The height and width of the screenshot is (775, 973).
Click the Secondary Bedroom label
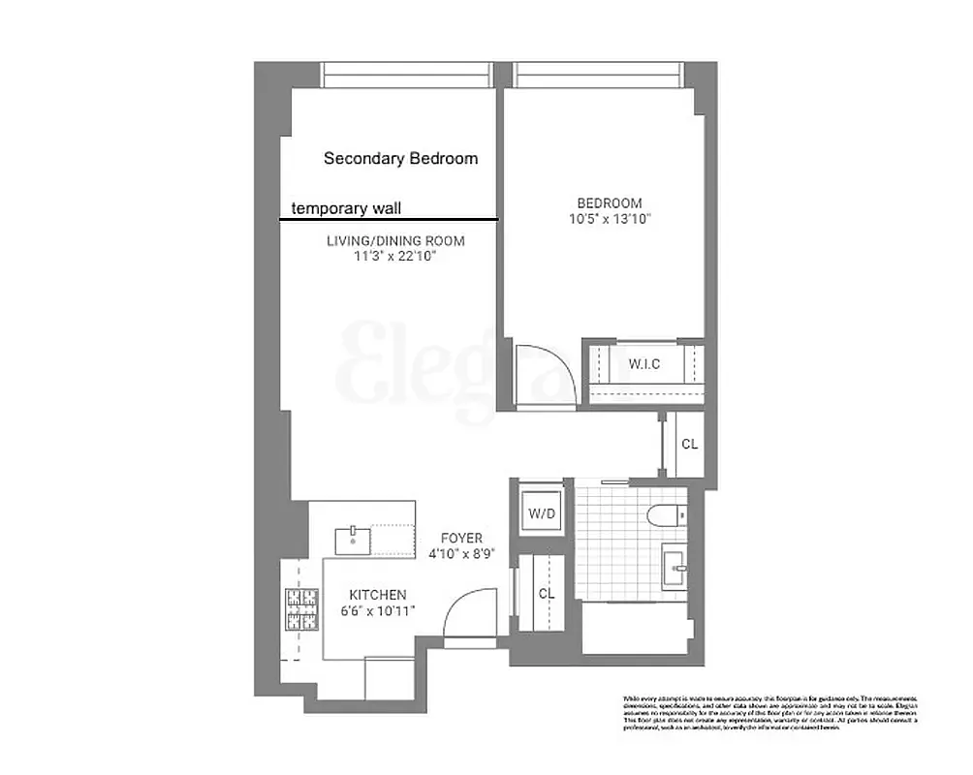point(400,158)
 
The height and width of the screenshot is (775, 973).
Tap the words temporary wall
point(347,207)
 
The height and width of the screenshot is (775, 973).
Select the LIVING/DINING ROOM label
point(395,240)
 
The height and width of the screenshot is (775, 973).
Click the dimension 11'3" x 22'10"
point(395,257)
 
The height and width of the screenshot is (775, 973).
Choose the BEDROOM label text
point(610,203)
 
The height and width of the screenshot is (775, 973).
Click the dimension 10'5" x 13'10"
point(610,220)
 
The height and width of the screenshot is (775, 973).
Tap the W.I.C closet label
point(644,365)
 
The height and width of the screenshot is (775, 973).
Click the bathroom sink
point(676,565)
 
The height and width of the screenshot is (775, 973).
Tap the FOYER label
point(461,539)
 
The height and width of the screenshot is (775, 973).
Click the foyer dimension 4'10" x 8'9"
point(461,555)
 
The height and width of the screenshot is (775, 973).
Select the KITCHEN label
point(378,595)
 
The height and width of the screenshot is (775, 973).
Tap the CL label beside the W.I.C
point(689,445)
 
